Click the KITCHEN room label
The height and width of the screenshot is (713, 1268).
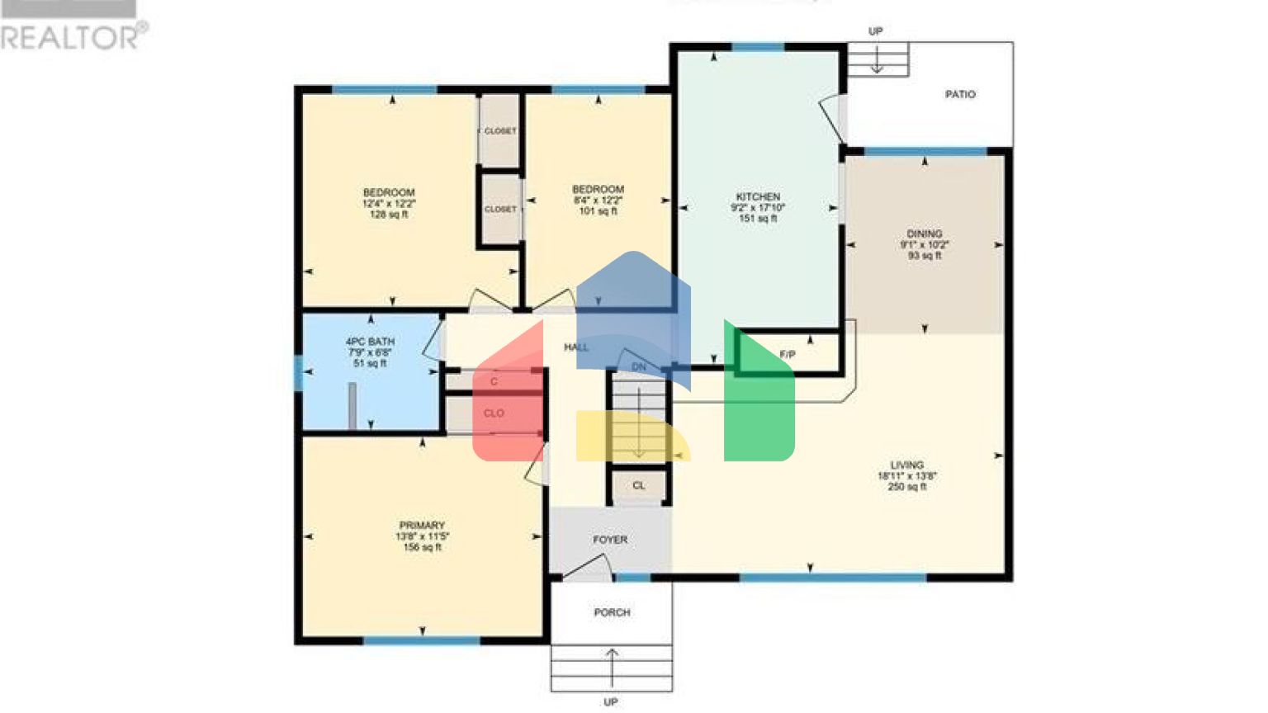pyautogui.click(x=757, y=197)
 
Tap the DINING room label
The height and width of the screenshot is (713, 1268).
pyautogui.click(x=924, y=234)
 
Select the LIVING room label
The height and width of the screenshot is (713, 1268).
pyautogui.click(x=906, y=465)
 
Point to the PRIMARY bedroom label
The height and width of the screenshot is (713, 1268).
pyautogui.click(x=422, y=526)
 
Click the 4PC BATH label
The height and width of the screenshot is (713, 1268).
pyautogui.click(x=370, y=342)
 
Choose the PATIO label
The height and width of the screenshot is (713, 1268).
pyautogui.click(x=960, y=95)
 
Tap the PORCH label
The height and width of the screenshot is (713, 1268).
pyautogui.click(x=612, y=612)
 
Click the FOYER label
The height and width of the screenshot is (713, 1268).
pyautogui.click(x=610, y=540)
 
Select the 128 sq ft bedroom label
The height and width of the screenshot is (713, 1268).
pyautogui.click(x=389, y=193)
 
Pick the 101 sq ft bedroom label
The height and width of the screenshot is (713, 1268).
pyautogui.click(x=598, y=190)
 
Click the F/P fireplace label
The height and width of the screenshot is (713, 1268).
pyautogui.click(x=788, y=355)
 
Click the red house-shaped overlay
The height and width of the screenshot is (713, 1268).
pyautogui.click(x=508, y=404)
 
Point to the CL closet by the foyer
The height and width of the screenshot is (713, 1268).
pyautogui.click(x=639, y=486)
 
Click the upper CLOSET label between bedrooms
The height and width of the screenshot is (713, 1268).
pyautogui.click(x=500, y=131)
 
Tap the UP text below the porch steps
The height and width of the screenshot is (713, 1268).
pyautogui.click(x=611, y=702)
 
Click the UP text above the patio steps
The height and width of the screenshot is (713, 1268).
pyautogui.click(x=876, y=31)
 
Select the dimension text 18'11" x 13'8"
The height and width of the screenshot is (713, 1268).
pyautogui.click(x=906, y=476)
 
